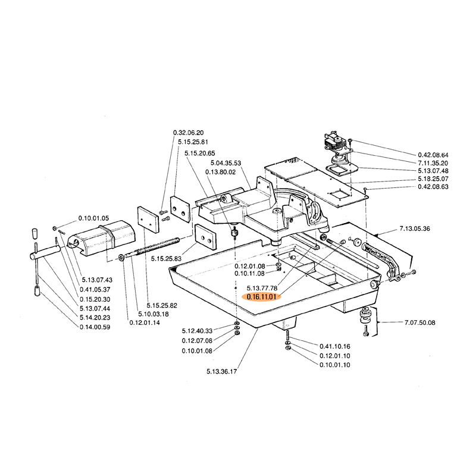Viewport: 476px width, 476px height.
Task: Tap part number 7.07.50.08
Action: click(x=419, y=322)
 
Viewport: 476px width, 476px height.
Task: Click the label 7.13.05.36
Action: click(x=415, y=228)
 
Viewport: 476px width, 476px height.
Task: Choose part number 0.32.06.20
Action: click(x=188, y=132)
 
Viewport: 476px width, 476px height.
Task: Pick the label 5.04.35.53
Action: click(x=226, y=162)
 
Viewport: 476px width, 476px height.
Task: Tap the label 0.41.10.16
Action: click(x=334, y=346)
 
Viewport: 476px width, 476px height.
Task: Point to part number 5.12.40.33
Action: click(x=197, y=330)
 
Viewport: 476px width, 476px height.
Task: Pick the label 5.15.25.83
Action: click(x=166, y=259)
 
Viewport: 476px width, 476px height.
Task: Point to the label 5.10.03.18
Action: click(x=153, y=314)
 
